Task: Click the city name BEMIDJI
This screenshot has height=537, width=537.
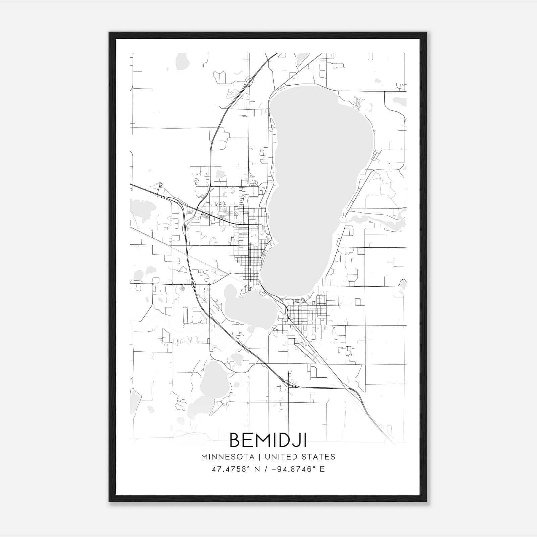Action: [268, 440]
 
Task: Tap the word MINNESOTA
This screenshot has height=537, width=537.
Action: [228, 457]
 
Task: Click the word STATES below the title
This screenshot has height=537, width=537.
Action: [319, 457]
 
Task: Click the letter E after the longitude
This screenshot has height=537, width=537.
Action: [322, 469]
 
